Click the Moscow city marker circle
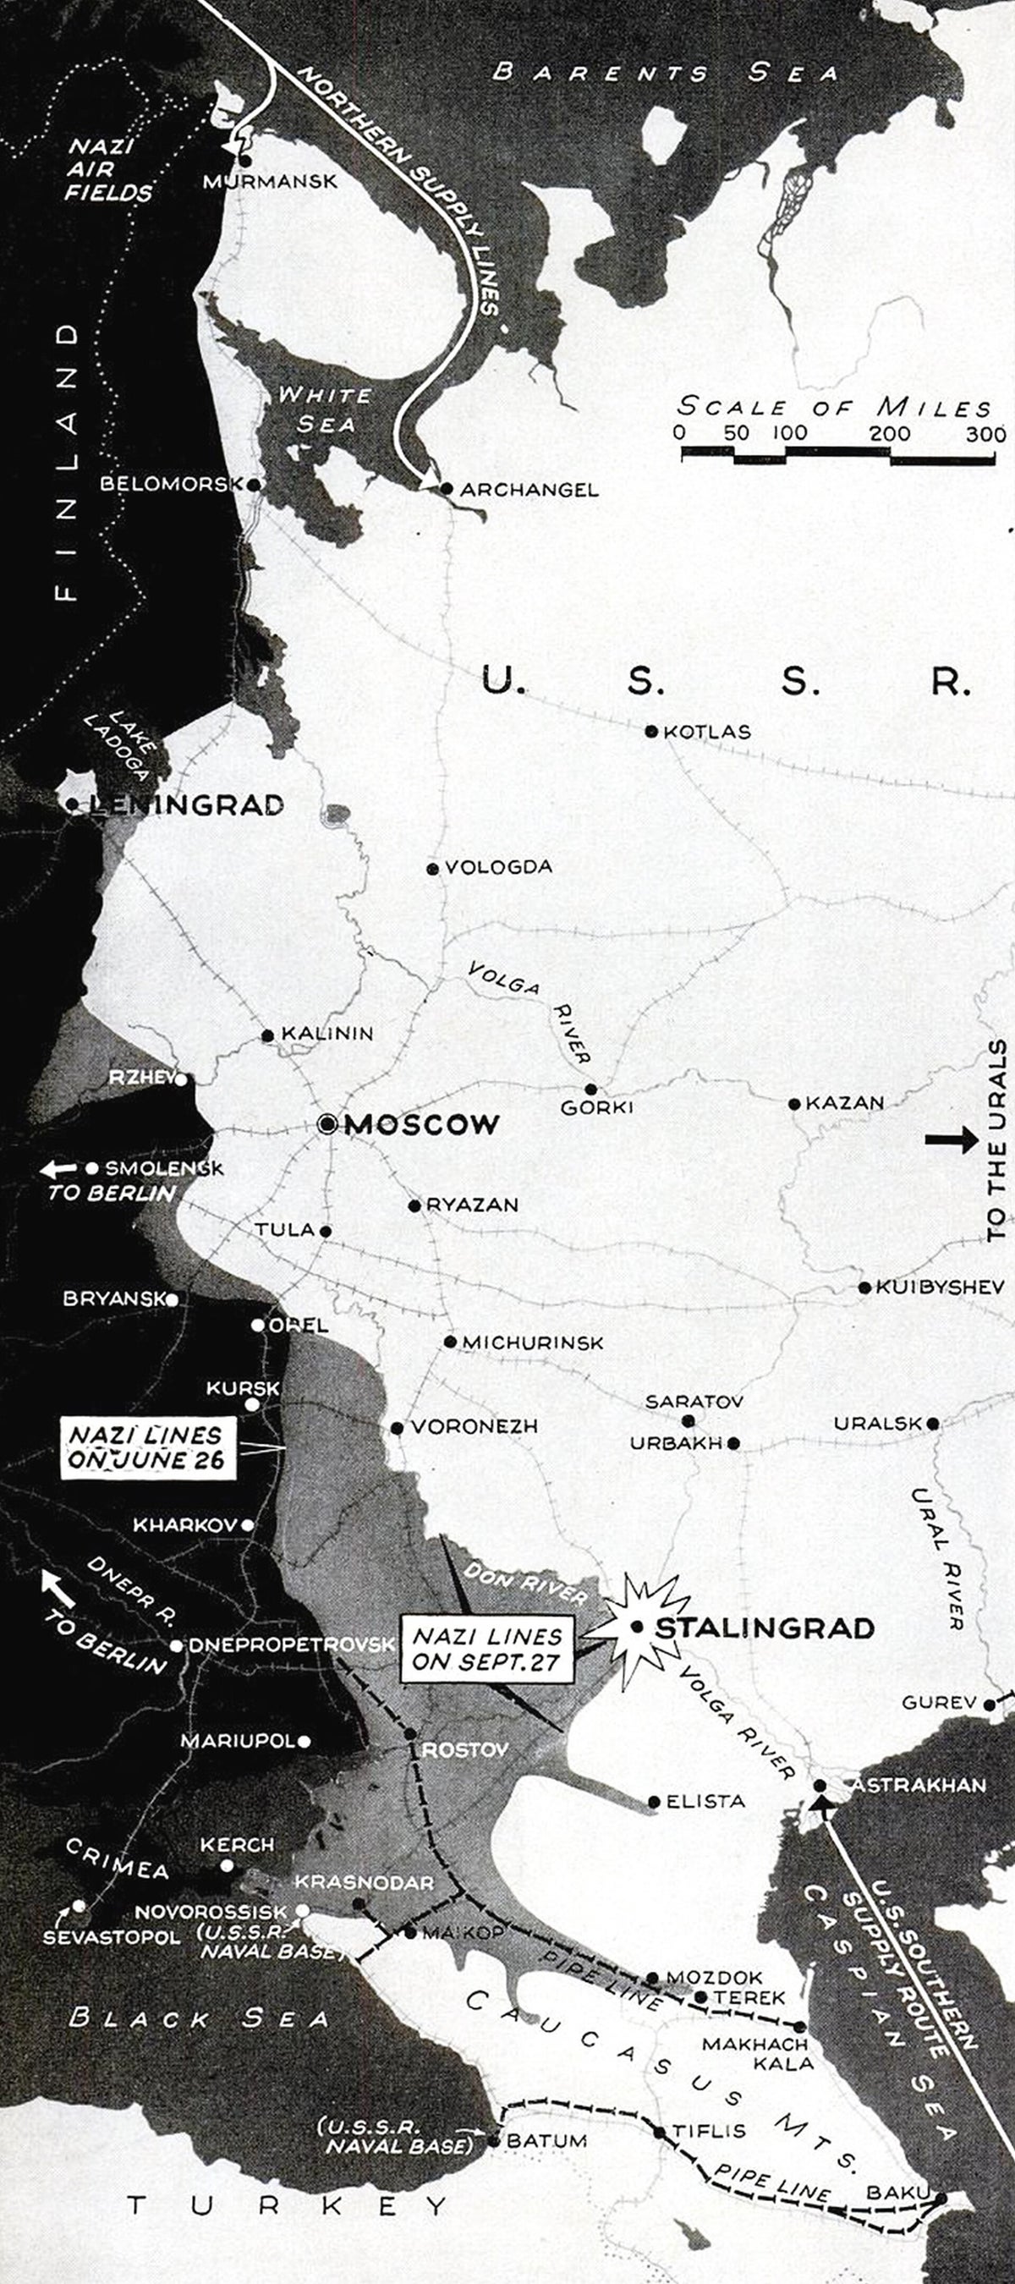[x=328, y=1124]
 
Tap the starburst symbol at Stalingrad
[x=636, y=1627]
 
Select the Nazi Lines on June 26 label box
[x=148, y=1447]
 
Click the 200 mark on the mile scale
[x=889, y=434]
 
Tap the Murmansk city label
[x=271, y=182]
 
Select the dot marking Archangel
[x=447, y=489]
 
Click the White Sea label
[x=325, y=409]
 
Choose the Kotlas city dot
[x=651, y=732]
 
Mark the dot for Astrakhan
[x=820, y=1786]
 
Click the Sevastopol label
[x=112, y=1937]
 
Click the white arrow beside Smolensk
[x=58, y=1169]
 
